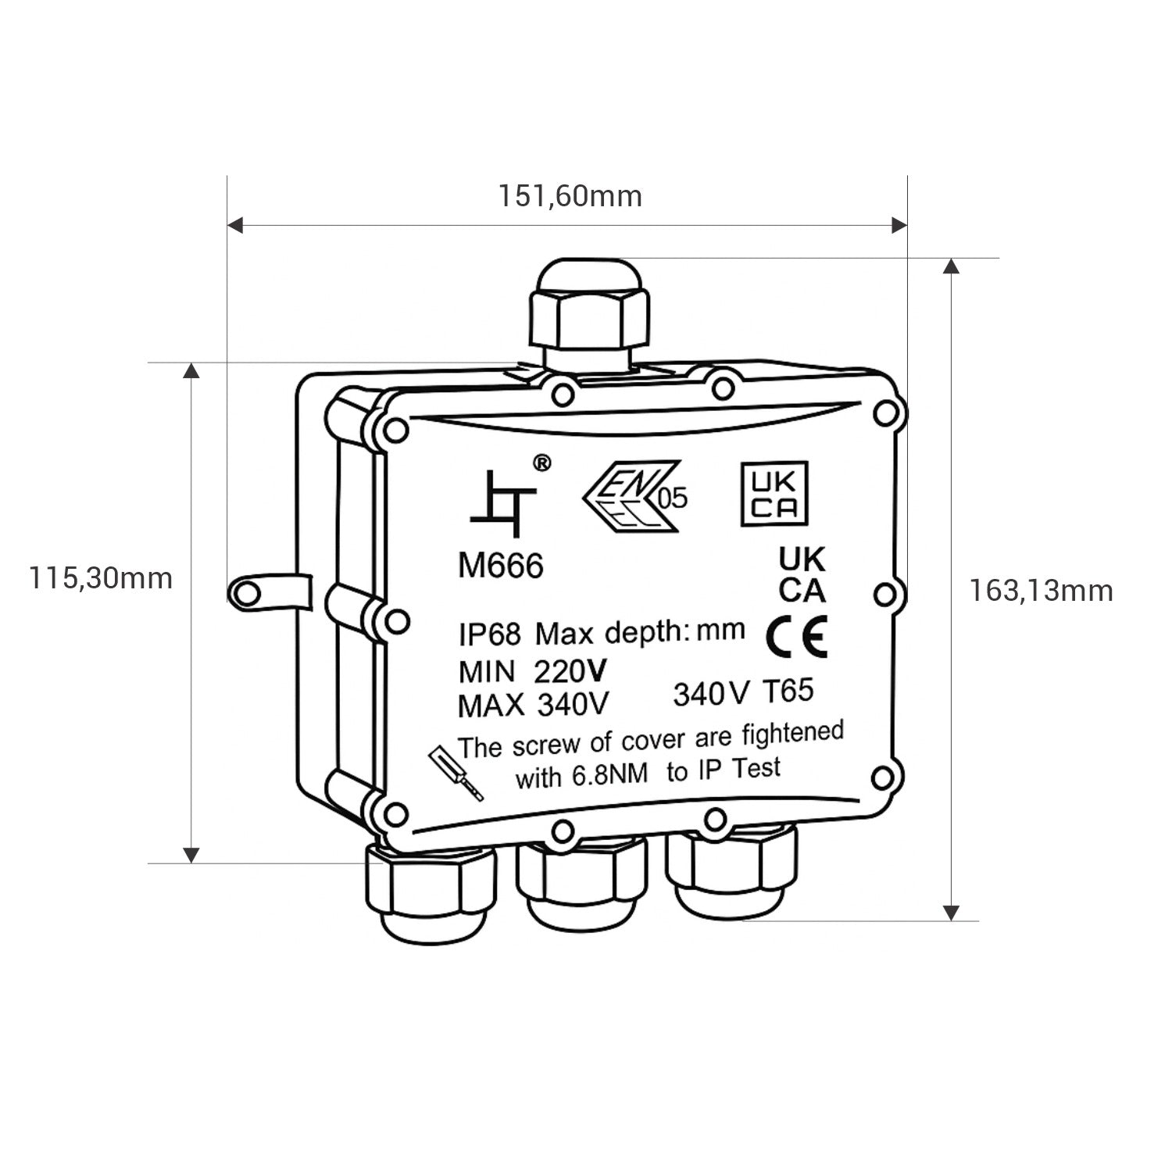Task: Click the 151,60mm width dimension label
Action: coord(570,195)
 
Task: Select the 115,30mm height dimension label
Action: coord(101,578)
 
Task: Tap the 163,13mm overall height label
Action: coord(1042,591)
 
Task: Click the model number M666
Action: coord(500,566)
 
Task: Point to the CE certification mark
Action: coord(796,637)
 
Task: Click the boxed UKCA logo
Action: coord(774,495)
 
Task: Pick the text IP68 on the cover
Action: coord(489,634)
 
